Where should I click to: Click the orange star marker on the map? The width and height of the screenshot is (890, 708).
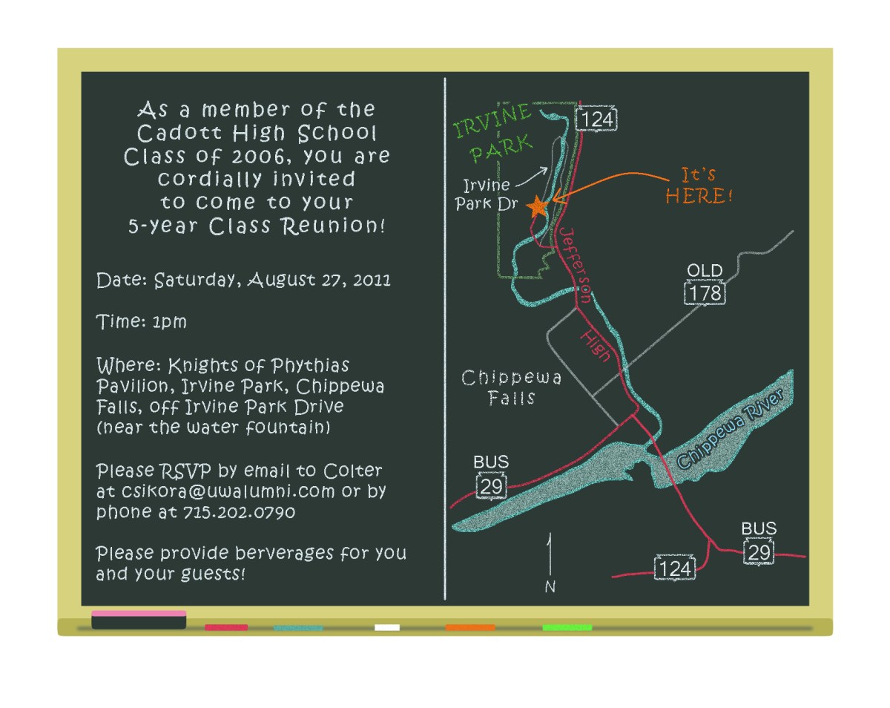[538, 206]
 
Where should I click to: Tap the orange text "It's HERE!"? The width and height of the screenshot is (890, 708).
[698, 186]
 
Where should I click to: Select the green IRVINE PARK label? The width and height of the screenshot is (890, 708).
[492, 132]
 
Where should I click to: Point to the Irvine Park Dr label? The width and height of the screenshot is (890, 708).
[487, 194]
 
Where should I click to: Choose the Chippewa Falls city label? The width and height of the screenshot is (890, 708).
[512, 387]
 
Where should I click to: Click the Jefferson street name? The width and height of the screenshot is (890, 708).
[576, 263]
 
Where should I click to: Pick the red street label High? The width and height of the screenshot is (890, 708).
[596, 346]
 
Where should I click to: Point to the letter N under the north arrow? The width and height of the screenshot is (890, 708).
[550, 587]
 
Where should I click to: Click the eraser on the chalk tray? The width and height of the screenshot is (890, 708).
[139, 620]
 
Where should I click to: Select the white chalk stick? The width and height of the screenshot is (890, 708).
[387, 627]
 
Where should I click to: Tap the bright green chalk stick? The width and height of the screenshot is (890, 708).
[567, 627]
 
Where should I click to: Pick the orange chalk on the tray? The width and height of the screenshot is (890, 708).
[470, 627]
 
